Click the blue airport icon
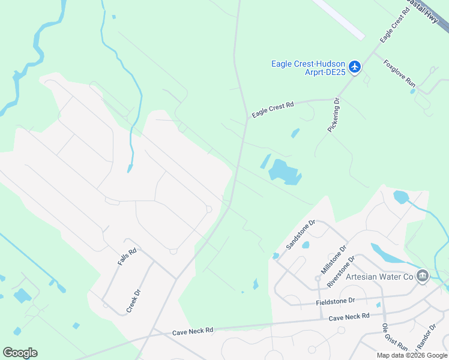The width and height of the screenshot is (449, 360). click(x=355, y=67)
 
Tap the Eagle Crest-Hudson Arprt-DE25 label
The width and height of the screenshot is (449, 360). click(x=308, y=68)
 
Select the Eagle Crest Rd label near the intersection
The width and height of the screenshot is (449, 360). click(x=273, y=109)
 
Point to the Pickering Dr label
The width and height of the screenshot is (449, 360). click(x=333, y=115)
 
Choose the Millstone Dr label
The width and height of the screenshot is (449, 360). click(x=334, y=259)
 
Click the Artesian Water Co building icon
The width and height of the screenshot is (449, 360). click(x=423, y=275)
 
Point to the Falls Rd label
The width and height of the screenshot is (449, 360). click(x=127, y=257)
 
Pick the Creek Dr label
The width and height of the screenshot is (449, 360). click(x=133, y=301)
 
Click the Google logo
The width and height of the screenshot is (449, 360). click(x=20, y=352)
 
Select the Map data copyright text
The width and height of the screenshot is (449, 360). click(x=412, y=355)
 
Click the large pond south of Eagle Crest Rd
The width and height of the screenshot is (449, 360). click(x=284, y=172)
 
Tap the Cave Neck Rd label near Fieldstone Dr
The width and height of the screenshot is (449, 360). click(x=349, y=316)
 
